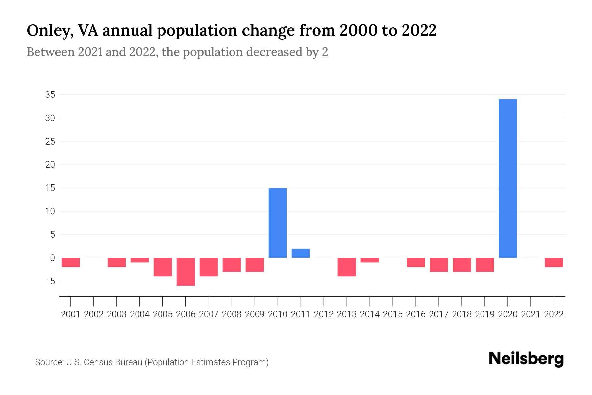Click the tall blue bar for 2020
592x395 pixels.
click(507, 178)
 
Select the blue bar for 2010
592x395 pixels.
click(278, 223)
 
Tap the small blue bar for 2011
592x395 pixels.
click(301, 253)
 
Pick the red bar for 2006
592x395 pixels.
click(186, 272)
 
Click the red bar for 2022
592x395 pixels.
click(554, 262)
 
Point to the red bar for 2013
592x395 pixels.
click(347, 267)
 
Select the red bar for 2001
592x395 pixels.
click(71, 262)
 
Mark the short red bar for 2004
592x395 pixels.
click(140, 260)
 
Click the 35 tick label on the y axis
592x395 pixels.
click(50, 95)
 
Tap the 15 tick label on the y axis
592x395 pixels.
click(50, 188)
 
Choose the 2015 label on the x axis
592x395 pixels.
click(393, 314)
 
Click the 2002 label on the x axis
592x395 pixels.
click(94, 314)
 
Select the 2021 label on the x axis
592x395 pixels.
click(530, 314)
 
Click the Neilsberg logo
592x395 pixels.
click(526, 359)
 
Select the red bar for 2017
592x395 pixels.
click(438, 265)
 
